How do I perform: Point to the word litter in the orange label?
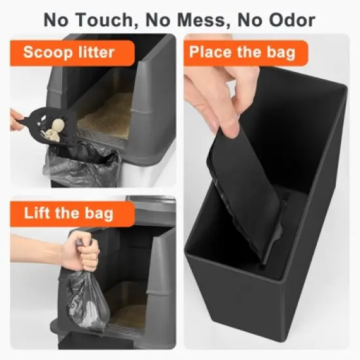[96, 52]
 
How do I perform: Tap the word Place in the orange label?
[211, 52]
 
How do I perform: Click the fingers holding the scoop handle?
[16, 119]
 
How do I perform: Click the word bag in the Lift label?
[99, 214]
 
